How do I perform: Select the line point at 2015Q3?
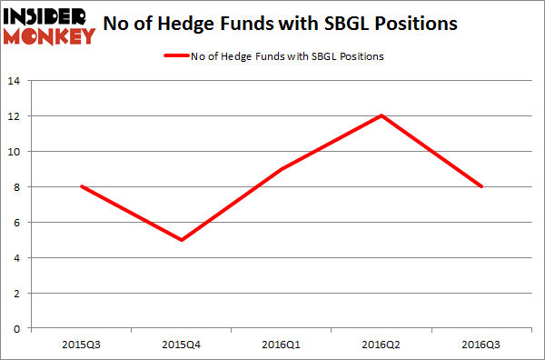pos(83,187)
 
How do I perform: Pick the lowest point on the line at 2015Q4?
pos(183,240)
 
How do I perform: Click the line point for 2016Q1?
pos(282,169)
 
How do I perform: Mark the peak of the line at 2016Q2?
pos(382,115)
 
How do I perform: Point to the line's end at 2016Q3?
pos(482,187)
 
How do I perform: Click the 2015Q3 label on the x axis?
pos(83,344)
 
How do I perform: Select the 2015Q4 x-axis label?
pos(183,344)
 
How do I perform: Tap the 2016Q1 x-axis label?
pos(282,344)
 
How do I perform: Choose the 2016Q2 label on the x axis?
pos(382,344)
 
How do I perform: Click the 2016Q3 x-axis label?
pos(482,344)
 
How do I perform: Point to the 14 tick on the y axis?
pos(15,81)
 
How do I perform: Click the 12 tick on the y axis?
pos(15,116)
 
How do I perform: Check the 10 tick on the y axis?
pos(15,152)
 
